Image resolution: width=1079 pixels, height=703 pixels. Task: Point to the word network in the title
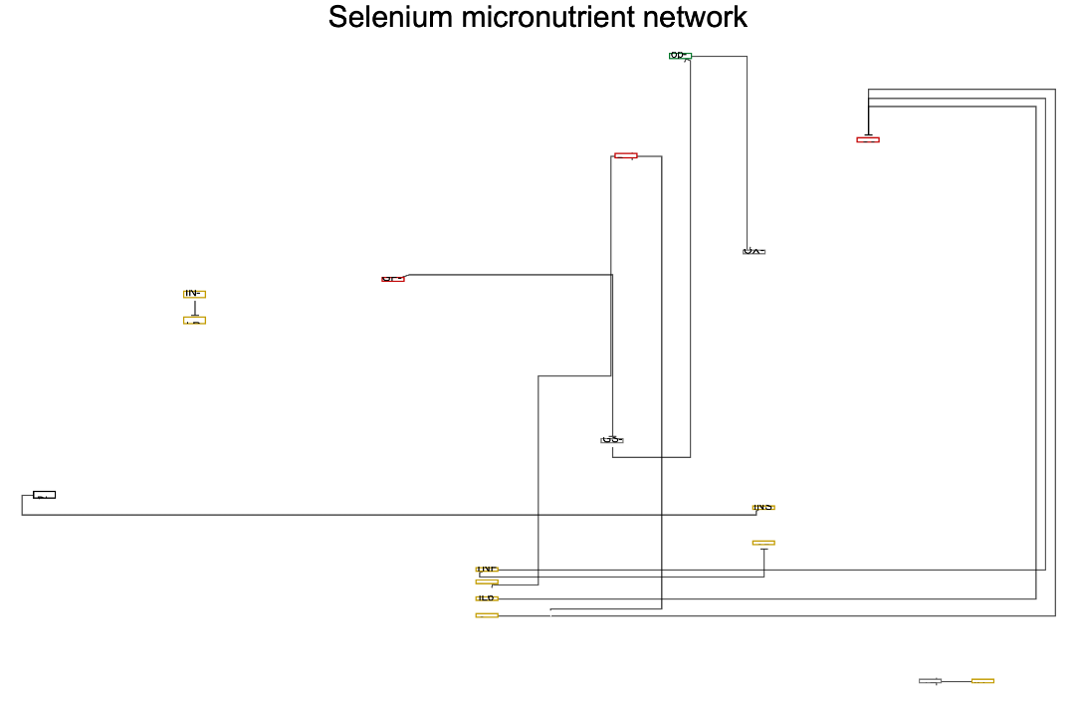[695, 17]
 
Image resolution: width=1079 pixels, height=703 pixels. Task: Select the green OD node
[679, 56]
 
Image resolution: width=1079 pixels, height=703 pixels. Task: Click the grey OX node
[754, 252]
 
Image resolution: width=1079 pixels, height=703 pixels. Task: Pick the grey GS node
[612, 440]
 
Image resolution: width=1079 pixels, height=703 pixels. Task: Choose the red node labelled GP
[393, 279]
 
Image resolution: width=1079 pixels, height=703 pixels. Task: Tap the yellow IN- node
[194, 294]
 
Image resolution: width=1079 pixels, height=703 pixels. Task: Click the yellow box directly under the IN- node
[194, 321]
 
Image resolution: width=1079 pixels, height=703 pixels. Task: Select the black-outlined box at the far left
[44, 494]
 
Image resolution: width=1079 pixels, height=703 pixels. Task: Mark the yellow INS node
[763, 508]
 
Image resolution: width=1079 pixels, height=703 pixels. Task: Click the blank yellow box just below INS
[763, 543]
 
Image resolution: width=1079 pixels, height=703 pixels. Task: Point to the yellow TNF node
[487, 570]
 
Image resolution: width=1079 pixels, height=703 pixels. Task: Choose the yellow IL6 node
[487, 598]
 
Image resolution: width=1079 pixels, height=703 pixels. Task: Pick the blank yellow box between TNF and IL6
[487, 582]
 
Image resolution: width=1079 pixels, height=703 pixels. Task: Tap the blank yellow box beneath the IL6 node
[487, 615]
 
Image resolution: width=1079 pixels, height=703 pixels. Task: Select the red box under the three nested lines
[868, 139]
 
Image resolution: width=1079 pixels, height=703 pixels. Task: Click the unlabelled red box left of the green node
[626, 155]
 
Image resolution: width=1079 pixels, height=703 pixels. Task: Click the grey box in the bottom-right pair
[930, 681]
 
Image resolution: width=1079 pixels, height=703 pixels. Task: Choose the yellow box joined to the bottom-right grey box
[982, 681]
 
